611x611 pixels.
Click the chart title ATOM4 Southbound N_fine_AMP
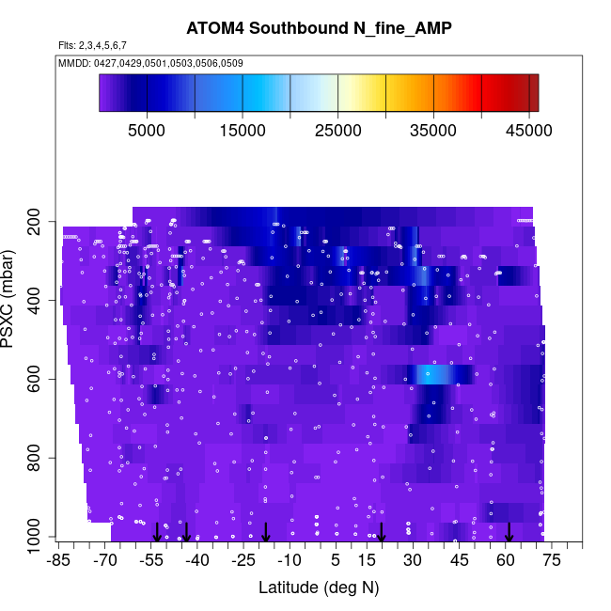319,28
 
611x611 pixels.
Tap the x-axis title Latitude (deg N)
319,587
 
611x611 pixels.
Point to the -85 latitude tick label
58,560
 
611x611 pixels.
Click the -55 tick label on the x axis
150,560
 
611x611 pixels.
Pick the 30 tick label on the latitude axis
412,560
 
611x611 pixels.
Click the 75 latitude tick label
551,560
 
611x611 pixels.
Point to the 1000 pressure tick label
37,538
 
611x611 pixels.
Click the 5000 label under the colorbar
147,131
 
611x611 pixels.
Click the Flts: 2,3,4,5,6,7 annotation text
92,45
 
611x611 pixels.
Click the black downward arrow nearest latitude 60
509,532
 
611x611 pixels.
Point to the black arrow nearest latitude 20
382,532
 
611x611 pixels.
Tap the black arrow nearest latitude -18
266,532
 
